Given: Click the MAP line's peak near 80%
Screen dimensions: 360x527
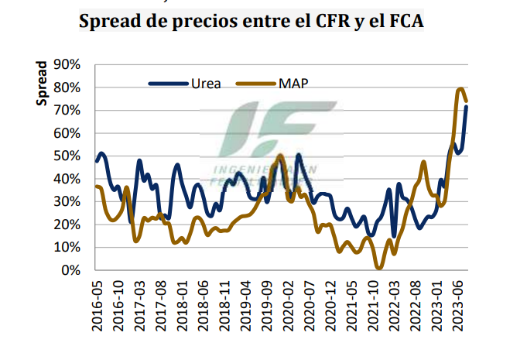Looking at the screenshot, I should coord(460,89).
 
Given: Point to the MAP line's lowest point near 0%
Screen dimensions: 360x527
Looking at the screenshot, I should coord(379,268).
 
